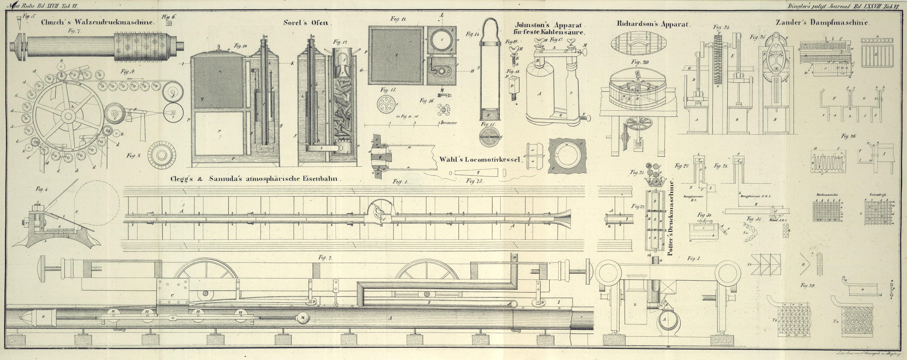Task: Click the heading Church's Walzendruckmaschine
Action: [x=98, y=22]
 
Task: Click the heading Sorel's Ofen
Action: [x=307, y=23]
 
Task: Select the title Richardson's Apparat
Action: [x=654, y=24]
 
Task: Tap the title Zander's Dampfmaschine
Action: [x=823, y=23]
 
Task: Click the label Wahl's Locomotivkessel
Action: [x=480, y=159]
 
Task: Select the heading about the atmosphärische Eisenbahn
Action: [x=256, y=179]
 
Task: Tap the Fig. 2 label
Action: [x=325, y=257]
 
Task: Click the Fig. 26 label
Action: [x=849, y=136]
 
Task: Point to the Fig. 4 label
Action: [x=42, y=189]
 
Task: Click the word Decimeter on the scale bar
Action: [x=449, y=123]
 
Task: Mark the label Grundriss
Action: [x=876, y=195]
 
